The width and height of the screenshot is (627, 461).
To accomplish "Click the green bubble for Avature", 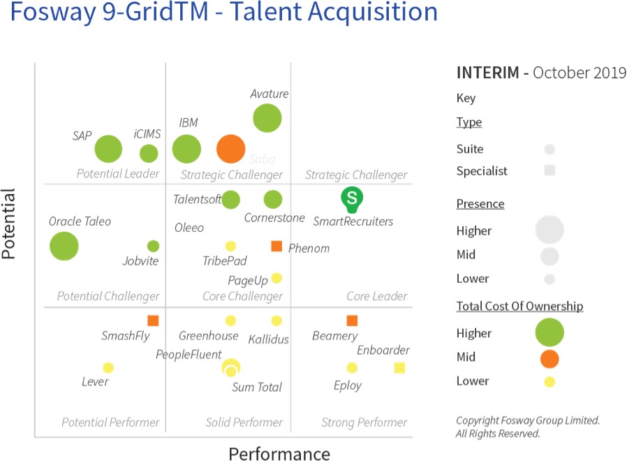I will pyautogui.click(x=267, y=118).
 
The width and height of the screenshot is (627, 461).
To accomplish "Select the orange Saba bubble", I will pyautogui.click(x=230, y=148).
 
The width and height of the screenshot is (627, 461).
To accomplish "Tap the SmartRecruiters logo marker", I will pyautogui.click(x=352, y=199).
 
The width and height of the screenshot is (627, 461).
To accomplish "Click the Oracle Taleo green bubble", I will pyautogui.click(x=64, y=246).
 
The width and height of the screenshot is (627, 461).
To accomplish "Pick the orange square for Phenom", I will pyautogui.click(x=276, y=246).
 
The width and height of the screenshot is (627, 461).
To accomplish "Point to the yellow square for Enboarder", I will pyautogui.click(x=399, y=367).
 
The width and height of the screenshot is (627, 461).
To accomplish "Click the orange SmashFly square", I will pyautogui.click(x=153, y=321).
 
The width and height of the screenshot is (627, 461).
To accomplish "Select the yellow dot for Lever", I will pyautogui.click(x=108, y=367).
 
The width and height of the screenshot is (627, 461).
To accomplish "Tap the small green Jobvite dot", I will pyautogui.click(x=153, y=246).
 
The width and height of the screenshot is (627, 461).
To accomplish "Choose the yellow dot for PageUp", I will pyautogui.click(x=276, y=278).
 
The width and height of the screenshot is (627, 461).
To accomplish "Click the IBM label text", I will pyautogui.click(x=189, y=123).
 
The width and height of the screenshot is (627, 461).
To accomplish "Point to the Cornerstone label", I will pyautogui.click(x=274, y=217).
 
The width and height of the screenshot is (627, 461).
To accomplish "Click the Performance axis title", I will pyautogui.click(x=279, y=454).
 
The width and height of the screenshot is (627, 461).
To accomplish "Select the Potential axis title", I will pyautogui.click(x=9, y=224).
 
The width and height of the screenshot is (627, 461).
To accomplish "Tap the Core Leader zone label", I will pyautogui.click(x=377, y=296).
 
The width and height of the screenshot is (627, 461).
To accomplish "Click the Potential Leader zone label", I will pyautogui.click(x=117, y=174).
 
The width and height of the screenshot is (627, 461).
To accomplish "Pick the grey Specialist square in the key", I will pyautogui.click(x=549, y=170).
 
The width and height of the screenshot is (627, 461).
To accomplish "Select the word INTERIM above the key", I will pyautogui.click(x=487, y=73).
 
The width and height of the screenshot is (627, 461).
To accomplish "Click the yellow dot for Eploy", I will pyautogui.click(x=352, y=367).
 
